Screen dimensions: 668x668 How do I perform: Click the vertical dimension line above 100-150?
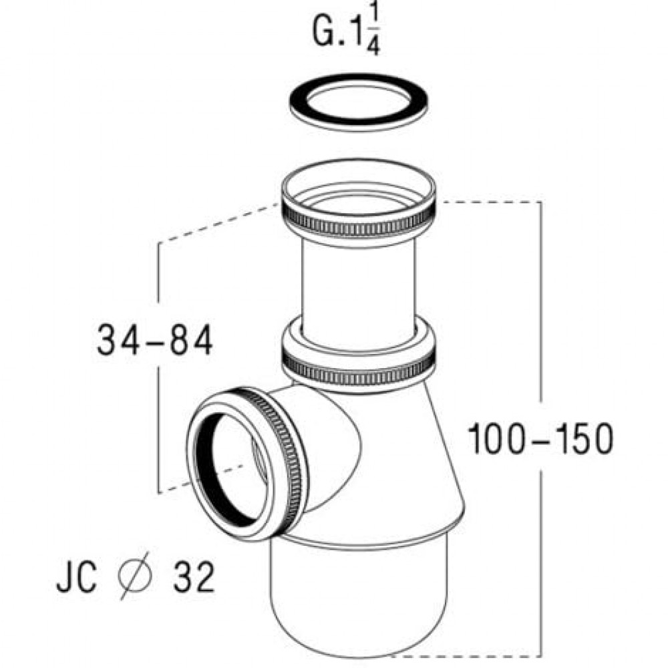pos(540,301)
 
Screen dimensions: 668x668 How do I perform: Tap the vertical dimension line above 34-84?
pos(158,274)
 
